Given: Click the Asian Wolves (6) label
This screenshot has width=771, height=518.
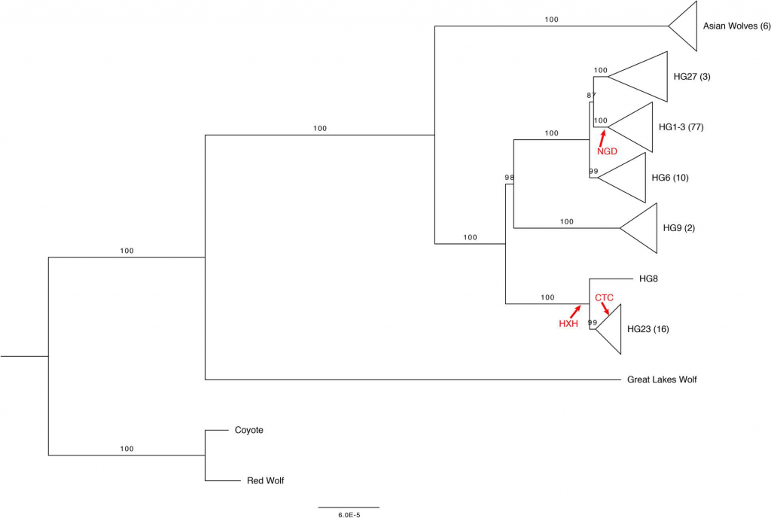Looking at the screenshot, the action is point(736,26).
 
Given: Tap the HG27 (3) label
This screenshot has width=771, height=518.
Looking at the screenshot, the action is point(692,77).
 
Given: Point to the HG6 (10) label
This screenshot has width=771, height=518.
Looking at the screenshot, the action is point(669,178).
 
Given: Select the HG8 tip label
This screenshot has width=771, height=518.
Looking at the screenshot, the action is point(648,279).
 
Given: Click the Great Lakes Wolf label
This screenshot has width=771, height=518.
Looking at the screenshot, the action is point(662,379).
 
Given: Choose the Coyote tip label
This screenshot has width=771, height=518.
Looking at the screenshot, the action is point(248,430).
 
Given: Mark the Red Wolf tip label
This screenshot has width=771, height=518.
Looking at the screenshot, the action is point(266,480).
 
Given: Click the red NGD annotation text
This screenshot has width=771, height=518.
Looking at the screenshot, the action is point(607,151).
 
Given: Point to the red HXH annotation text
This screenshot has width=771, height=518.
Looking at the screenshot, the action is point(568,324).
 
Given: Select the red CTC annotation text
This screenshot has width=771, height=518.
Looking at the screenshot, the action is point(605,298).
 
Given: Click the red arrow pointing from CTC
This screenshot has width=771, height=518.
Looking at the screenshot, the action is point(606,309).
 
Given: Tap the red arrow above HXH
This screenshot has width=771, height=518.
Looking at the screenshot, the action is point(575,311).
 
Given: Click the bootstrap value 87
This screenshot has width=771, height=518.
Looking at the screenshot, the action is point(592,96).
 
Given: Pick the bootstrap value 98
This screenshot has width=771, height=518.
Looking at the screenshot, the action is point(510,177).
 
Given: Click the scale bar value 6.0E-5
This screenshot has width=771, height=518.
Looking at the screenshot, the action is point(349,515).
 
